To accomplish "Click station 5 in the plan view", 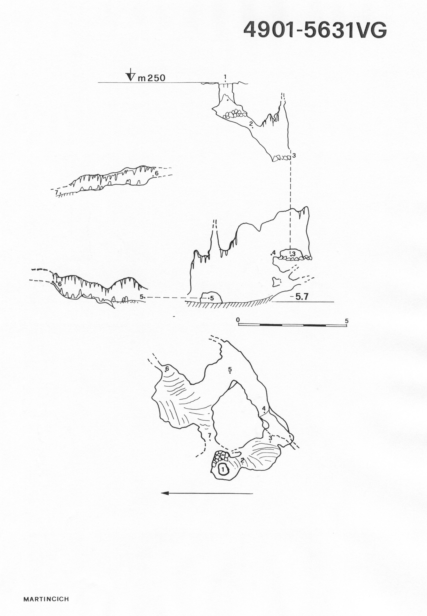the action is point(230,370).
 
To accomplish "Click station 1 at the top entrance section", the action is point(225,77).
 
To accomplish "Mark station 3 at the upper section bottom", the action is point(294,155).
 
